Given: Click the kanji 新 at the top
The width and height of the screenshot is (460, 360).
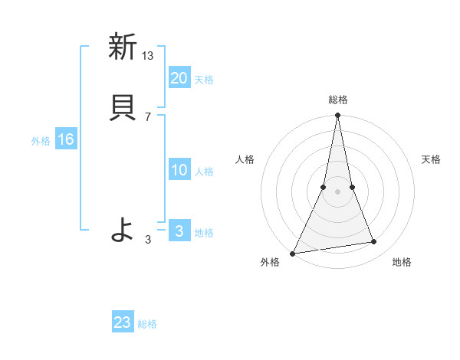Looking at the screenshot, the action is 121,47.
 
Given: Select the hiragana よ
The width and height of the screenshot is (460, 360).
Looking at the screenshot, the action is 121,229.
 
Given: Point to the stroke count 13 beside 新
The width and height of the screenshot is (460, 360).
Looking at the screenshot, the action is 148,55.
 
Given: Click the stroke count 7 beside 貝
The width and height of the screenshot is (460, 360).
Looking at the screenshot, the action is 148,116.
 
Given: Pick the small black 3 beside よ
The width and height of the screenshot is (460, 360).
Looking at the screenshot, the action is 148,239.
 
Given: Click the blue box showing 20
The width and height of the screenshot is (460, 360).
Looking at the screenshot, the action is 179,77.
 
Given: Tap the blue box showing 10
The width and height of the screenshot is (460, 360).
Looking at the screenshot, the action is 179,170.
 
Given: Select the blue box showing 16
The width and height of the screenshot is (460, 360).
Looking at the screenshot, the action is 66,139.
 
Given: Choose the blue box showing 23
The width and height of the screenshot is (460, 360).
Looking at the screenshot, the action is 123,322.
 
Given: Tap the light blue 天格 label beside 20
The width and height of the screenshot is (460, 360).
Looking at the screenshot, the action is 204,80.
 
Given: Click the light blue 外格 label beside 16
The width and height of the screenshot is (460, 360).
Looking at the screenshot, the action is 41,141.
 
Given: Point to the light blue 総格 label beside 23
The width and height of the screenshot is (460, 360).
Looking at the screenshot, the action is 147,324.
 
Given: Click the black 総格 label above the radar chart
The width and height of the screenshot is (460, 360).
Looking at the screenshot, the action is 337,100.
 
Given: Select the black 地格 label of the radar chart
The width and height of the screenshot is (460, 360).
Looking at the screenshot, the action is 402,263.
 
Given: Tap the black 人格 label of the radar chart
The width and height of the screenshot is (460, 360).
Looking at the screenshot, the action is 245,159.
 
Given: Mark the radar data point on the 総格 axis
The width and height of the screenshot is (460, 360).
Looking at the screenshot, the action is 337,116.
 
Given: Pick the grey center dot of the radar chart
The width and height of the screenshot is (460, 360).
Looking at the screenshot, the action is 337,191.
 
